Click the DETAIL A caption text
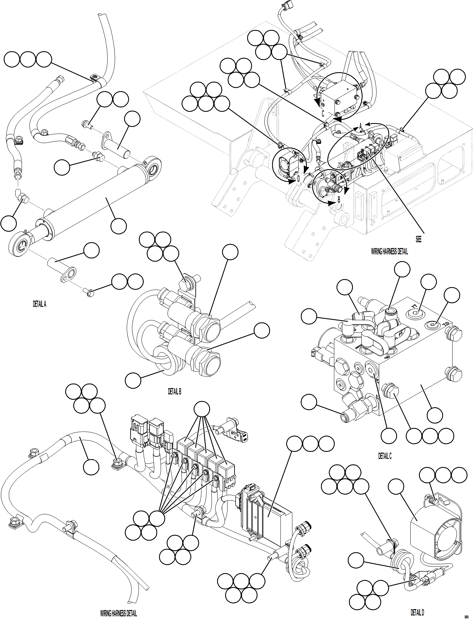39,304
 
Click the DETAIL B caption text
175,391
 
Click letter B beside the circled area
339,199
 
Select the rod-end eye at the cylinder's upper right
154,169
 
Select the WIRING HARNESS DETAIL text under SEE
389,252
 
